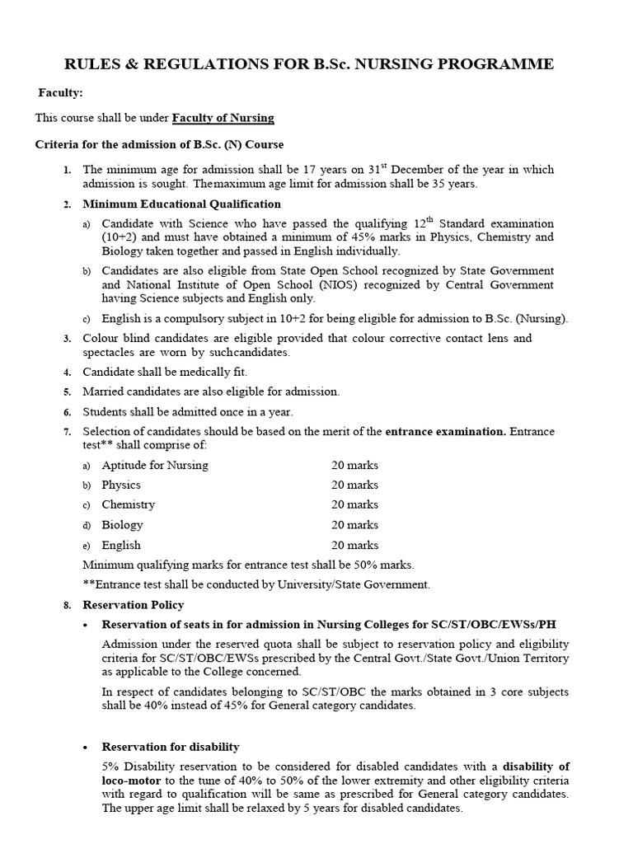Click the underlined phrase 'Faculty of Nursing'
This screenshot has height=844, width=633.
pos(223,118)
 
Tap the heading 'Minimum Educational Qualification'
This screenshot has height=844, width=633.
pos(181,204)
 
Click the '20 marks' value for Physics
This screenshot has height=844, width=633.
pos(354,485)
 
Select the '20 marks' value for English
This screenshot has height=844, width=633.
pos(354,545)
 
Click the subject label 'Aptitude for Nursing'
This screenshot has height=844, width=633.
pos(154,465)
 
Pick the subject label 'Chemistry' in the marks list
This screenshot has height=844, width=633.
pos(128,504)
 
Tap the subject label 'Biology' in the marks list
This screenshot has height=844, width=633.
pos(122,525)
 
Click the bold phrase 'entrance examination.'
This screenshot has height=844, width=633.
pos(446,431)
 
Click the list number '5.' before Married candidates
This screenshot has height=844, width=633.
pos(68,392)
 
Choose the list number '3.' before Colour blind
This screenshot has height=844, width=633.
pos(68,339)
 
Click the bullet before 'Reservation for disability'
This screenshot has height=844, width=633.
pos(87,748)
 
